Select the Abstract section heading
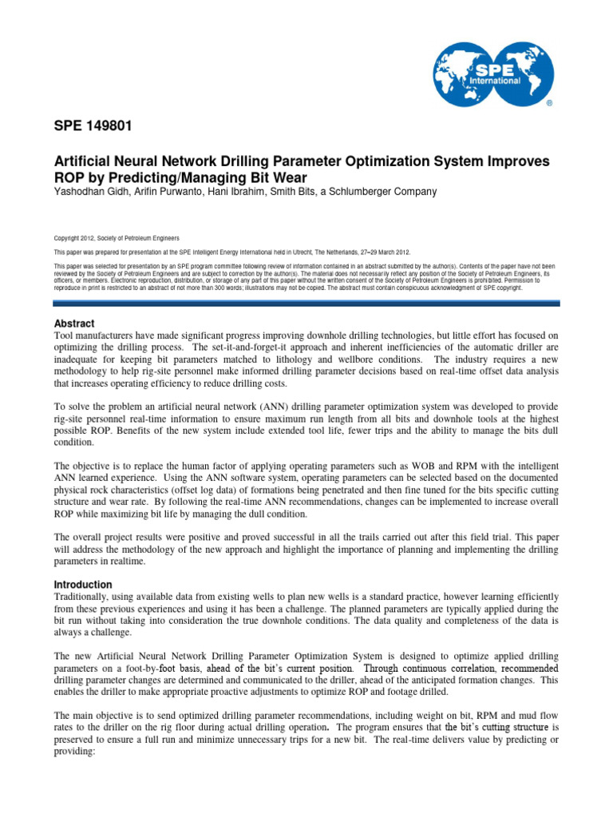pyautogui.click(x=74, y=324)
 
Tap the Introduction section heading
pyautogui.click(x=83, y=585)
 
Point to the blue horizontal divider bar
pyautogui.click(x=306, y=303)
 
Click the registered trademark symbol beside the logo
pyautogui.click(x=548, y=105)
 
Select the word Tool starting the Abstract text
pyautogui.click(x=65, y=336)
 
